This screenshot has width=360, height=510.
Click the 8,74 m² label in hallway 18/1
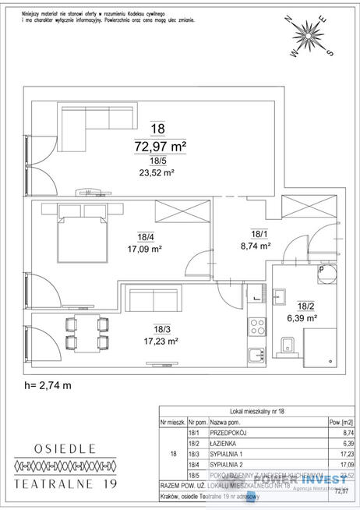tap(255, 245)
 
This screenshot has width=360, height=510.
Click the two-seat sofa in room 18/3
tap(154, 301)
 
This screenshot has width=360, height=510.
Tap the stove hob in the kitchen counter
tap(256, 325)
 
